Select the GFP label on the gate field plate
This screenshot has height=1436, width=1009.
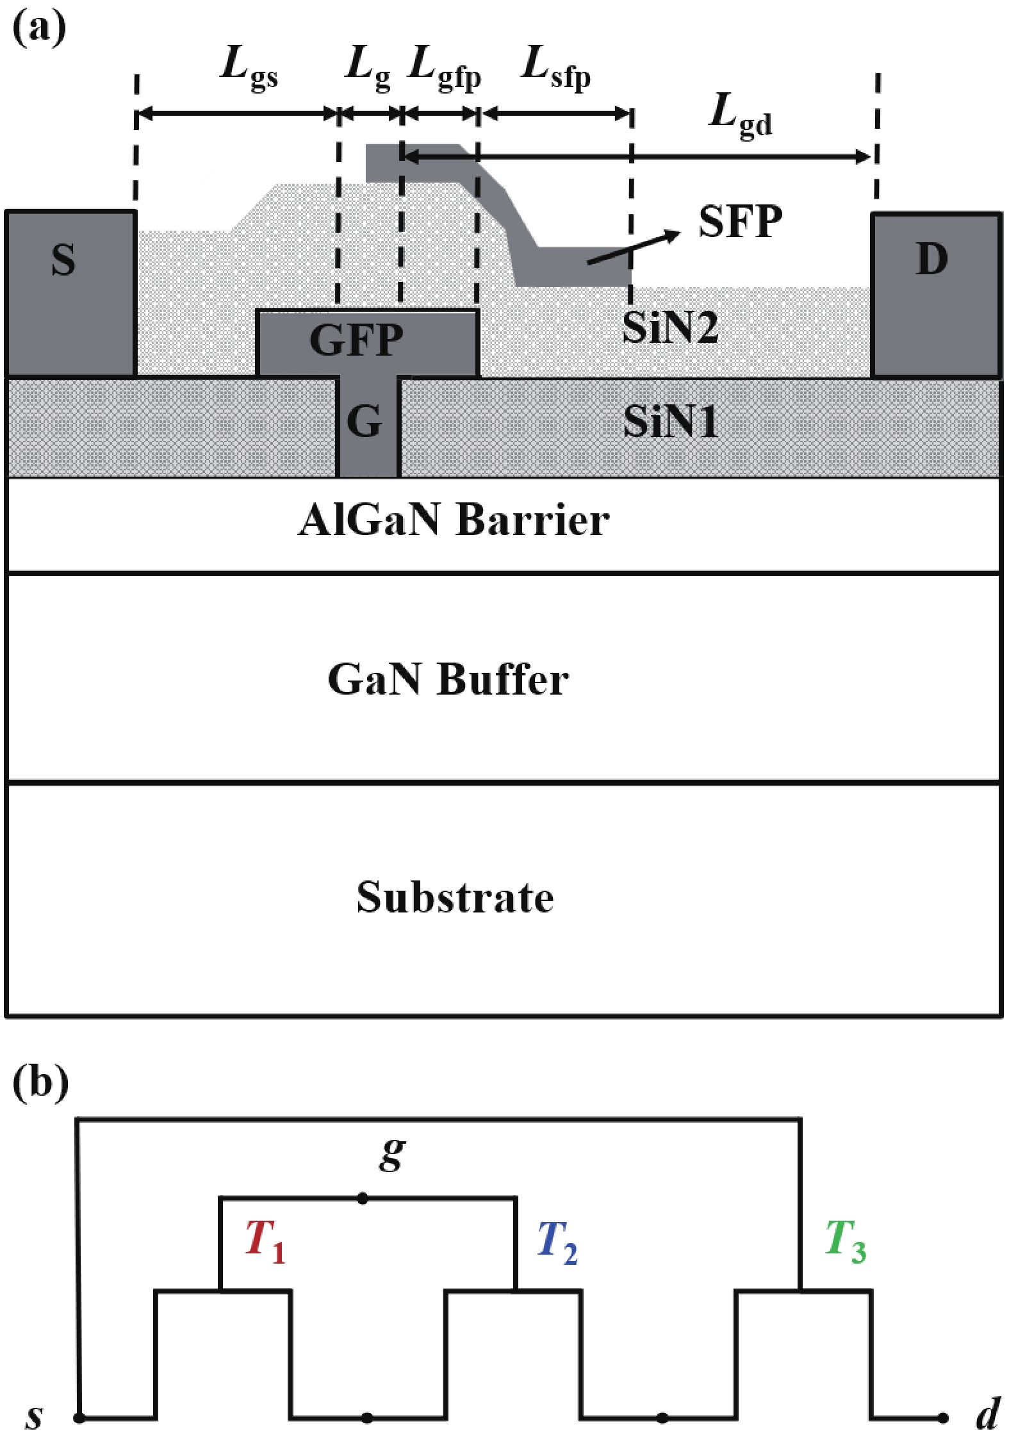tap(356, 340)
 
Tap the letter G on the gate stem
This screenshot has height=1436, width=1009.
tap(365, 422)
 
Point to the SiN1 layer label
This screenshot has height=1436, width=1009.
tap(670, 422)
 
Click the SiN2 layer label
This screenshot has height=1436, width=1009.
tap(670, 327)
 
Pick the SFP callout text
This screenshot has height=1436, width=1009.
tap(740, 222)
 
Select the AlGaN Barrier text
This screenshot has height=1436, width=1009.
tap(454, 520)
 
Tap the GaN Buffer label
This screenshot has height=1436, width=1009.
tap(448, 679)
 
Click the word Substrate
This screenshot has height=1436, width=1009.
tap(455, 897)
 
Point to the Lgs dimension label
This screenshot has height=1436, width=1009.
tap(249, 68)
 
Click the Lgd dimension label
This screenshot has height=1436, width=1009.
tap(741, 115)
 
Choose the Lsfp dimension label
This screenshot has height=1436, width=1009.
tap(555, 68)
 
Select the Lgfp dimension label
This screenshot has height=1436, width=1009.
tap(444, 68)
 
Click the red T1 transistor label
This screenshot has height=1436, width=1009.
tap(265, 1241)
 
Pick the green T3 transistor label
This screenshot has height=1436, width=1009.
tap(846, 1241)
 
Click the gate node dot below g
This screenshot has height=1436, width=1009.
tap(363, 1198)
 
